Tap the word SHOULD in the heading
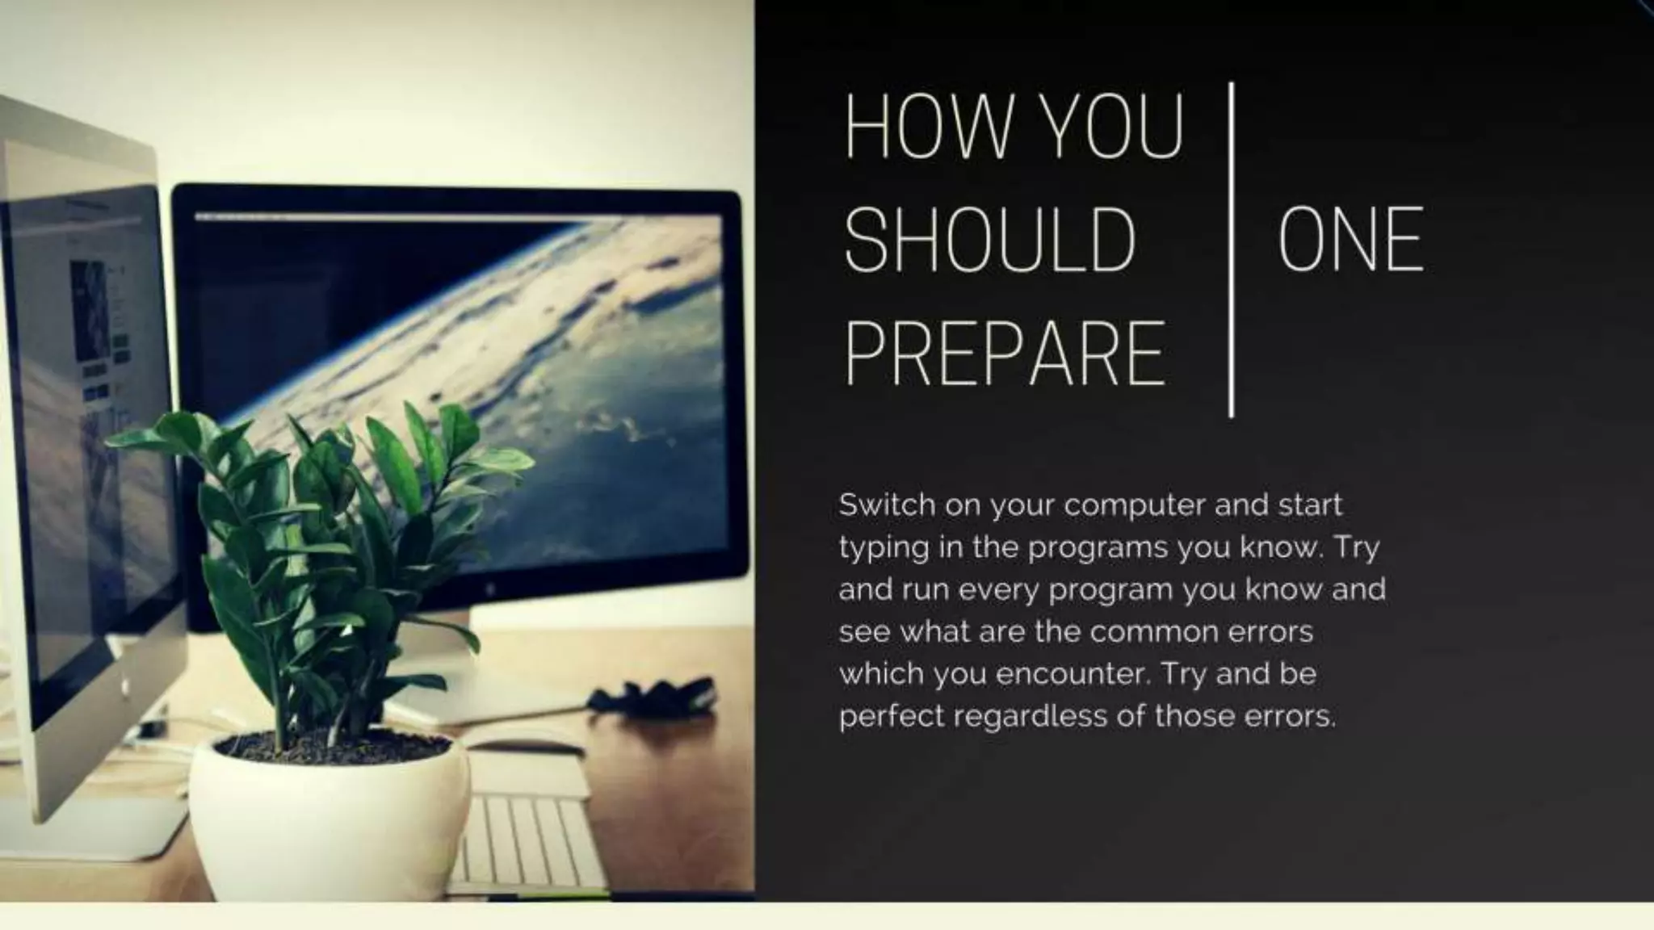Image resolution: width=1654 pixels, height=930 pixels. pos(990,240)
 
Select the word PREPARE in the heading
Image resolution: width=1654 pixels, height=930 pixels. pos(1005,354)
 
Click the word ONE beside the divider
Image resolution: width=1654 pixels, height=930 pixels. pos(1350,240)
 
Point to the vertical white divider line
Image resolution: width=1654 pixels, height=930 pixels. pos(1231,250)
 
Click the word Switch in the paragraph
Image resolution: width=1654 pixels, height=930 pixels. pos(884,505)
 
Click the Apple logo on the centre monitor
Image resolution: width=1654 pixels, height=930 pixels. pos(490,590)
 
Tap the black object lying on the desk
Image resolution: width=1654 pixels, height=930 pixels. pos(654,696)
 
